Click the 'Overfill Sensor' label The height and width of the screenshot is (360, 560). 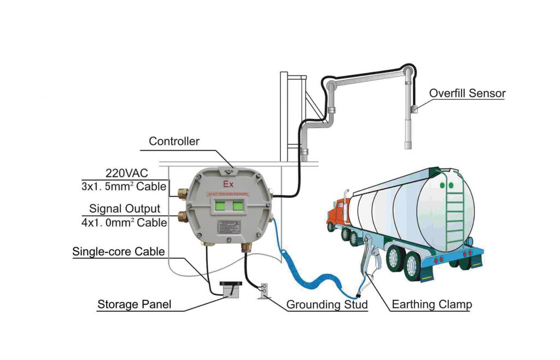(x=467, y=93)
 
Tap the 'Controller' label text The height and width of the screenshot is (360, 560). (x=174, y=142)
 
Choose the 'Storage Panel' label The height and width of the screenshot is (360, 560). (x=135, y=304)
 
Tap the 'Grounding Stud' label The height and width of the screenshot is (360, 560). (x=326, y=304)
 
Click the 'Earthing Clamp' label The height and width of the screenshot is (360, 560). (x=431, y=304)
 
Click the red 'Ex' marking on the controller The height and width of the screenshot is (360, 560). (x=227, y=183)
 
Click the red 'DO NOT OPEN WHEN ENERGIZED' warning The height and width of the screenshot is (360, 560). (x=229, y=194)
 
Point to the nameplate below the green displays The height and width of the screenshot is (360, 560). (x=229, y=228)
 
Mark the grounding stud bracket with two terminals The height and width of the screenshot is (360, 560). (x=263, y=290)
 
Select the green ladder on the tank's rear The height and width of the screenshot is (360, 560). (x=454, y=211)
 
